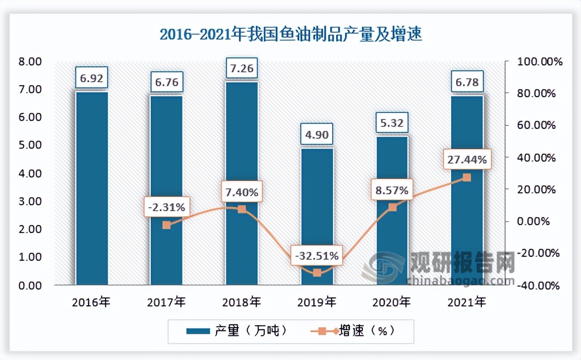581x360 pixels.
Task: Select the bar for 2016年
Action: (x=91, y=188)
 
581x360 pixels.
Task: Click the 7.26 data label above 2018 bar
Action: (x=241, y=68)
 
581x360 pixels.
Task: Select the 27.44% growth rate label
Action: (x=466, y=160)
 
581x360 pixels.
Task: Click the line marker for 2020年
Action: (x=392, y=207)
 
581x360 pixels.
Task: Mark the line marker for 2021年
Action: (x=466, y=178)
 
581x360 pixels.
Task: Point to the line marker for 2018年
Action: (x=241, y=209)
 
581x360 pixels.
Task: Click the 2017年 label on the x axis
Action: (x=166, y=301)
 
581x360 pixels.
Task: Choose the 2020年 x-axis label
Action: (x=392, y=301)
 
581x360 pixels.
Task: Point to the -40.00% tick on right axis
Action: (x=538, y=286)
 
